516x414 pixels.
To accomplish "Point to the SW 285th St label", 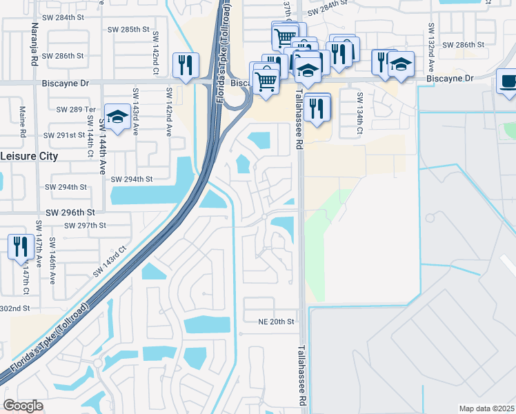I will click(129, 29).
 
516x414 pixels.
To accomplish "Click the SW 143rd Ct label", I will click(110, 262).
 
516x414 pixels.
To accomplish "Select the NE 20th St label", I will click(276, 322).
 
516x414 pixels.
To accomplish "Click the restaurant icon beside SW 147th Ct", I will click(21, 246).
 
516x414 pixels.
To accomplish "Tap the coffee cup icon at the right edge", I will click(508, 81).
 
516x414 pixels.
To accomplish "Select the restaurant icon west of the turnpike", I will click(185, 66).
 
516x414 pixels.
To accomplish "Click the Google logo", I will click(23, 406).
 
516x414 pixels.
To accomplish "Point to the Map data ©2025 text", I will click(486, 408).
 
